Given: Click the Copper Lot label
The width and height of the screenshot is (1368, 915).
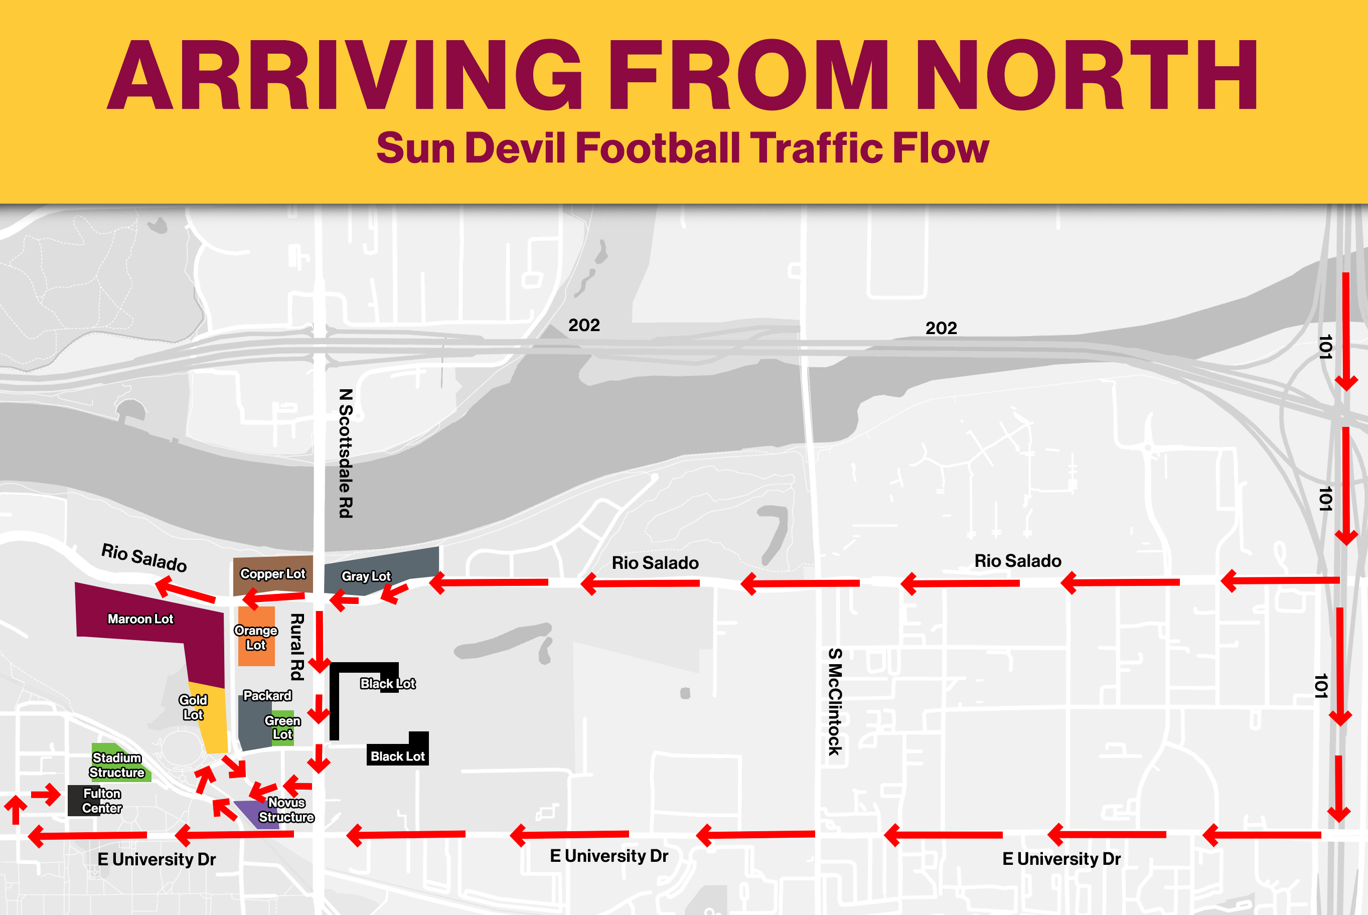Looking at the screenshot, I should click(x=272, y=574).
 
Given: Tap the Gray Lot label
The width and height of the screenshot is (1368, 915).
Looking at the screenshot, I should click(x=366, y=576).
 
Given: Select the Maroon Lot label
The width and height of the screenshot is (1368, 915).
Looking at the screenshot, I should click(x=140, y=619).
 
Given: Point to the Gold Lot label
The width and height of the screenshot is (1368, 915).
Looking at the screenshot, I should click(x=193, y=707).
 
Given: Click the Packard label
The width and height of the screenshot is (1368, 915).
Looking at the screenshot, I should click(x=267, y=696).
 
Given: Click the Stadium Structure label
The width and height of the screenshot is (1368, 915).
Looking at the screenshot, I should click(x=117, y=765).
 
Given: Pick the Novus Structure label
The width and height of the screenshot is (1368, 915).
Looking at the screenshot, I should click(x=286, y=810).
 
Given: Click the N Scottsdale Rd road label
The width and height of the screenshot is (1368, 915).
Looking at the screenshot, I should click(x=346, y=453).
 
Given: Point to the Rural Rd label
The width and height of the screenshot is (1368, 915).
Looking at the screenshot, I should click(x=297, y=647).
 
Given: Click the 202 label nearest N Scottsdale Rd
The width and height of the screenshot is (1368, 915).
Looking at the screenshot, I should click(x=584, y=326).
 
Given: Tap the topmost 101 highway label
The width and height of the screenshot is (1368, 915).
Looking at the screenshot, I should click(x=1325, y=347).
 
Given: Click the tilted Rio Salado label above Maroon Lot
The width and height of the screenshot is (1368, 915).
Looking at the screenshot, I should click(x=144, y=558).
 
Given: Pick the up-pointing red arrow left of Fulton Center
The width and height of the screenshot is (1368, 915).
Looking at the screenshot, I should click(x=16, y=809).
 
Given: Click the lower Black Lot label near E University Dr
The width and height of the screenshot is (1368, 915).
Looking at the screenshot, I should click(x=398, y=757).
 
